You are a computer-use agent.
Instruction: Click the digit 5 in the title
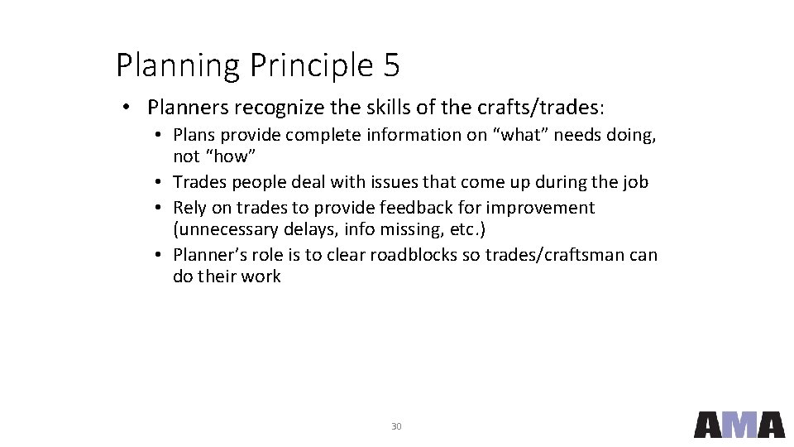390,65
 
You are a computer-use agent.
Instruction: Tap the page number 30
396,426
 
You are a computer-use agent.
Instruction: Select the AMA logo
739,424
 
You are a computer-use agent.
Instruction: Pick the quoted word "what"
522,135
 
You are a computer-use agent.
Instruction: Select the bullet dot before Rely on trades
156,207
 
